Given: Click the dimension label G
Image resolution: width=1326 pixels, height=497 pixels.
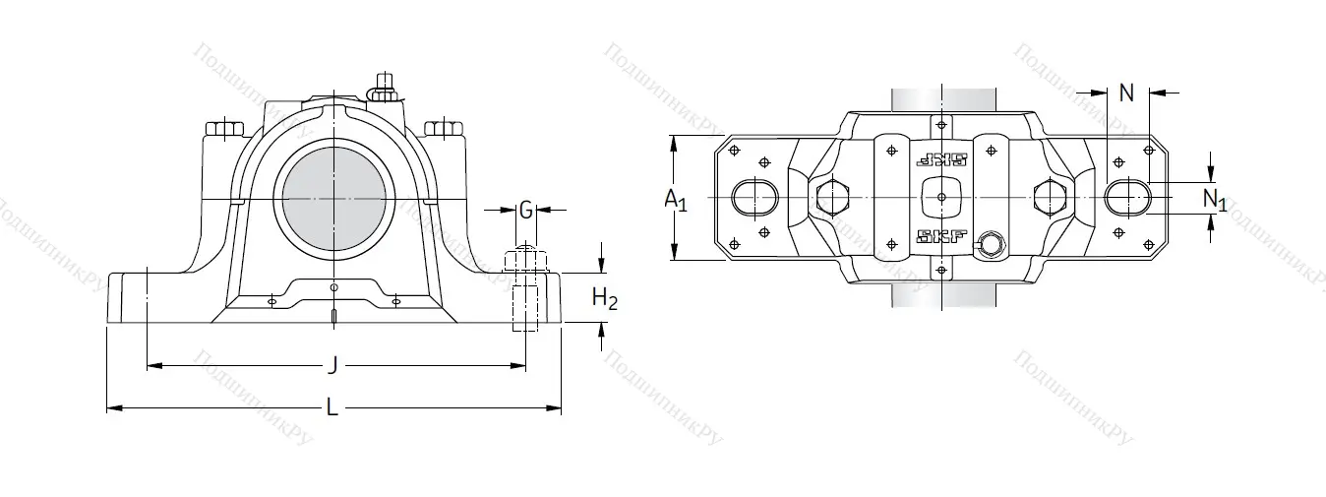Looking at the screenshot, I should click(526, 210).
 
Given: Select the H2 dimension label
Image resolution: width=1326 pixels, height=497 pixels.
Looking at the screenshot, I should click(604, 299).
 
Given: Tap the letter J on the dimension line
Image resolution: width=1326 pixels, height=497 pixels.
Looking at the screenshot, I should click(332, 367).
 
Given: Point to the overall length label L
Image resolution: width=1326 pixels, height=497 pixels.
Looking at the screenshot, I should click(332, 408).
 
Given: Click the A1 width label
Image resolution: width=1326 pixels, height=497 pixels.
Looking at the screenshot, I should click(676, 200).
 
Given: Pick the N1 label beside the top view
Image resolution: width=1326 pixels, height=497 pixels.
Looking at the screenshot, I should click(1215, 200).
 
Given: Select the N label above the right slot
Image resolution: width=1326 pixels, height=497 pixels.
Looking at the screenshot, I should click(1127, 93).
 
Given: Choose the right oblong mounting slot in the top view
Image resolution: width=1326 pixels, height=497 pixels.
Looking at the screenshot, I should click(1125, 198).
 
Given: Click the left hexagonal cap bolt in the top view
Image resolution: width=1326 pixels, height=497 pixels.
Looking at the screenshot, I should click(832, 198).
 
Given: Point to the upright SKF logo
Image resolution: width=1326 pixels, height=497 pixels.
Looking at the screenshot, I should click(941, 236).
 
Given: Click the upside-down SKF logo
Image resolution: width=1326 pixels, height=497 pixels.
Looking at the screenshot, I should click(941, 160).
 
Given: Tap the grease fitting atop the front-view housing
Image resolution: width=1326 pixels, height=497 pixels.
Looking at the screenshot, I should click(384, 87).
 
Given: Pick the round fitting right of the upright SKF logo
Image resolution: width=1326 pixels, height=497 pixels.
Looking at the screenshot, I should click(989, 243).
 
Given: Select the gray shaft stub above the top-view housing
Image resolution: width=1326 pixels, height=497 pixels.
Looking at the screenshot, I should click(940, 99).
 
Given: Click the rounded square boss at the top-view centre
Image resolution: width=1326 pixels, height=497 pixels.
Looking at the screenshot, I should click(941, 198).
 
